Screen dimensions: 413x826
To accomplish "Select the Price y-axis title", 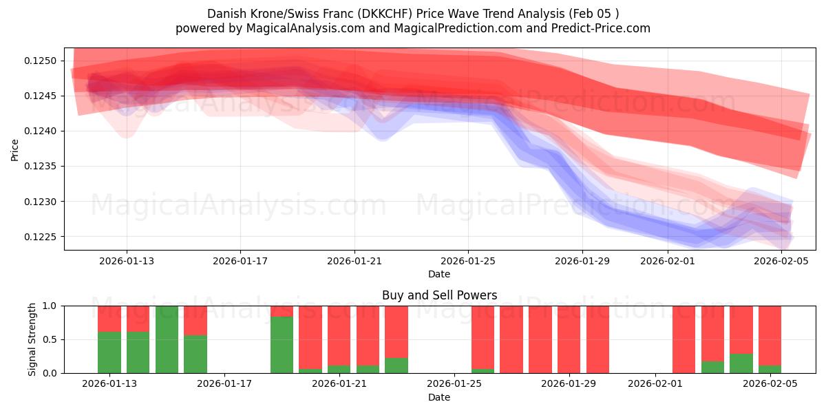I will click(15, 149).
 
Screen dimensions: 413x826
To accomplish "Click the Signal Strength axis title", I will click(32, 339).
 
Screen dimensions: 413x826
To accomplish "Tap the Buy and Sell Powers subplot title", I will click(439, 295).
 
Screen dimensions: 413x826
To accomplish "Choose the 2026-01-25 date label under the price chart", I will click(469, 261).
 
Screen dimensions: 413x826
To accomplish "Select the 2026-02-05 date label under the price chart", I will click(782, 261).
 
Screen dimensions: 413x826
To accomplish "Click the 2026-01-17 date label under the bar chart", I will click(225, 384).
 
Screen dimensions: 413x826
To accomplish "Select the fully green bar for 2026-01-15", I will click(167, 339).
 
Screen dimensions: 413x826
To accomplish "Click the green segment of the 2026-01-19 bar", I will click(282, 345).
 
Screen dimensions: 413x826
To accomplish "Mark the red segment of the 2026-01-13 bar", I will click(138, 319).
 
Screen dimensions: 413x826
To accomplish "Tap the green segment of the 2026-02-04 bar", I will click(741, 363).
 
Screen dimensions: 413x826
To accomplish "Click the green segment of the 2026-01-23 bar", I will click(396, 366).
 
